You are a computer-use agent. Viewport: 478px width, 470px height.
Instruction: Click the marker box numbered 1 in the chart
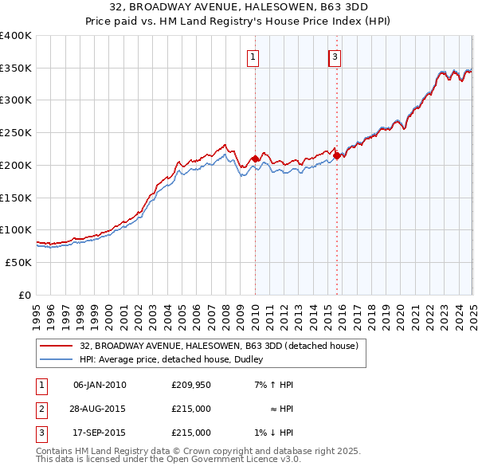click(x=253, y=57)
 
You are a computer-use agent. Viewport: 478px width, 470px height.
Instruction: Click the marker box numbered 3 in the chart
click(x=335, y=57)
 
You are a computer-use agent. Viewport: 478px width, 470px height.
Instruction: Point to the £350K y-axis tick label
click(x=16, y=69)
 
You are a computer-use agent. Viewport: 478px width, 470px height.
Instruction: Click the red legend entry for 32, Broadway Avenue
click(x=220, y=347)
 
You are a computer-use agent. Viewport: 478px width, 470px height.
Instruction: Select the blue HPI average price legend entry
click(x=175, y=359)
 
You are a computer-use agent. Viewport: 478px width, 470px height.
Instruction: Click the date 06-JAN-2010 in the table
click(x=100, y=385)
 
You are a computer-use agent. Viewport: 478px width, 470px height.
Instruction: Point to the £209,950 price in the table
click(x=191, y=385)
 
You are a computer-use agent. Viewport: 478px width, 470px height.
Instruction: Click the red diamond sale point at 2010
click(x=255, y=159)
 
